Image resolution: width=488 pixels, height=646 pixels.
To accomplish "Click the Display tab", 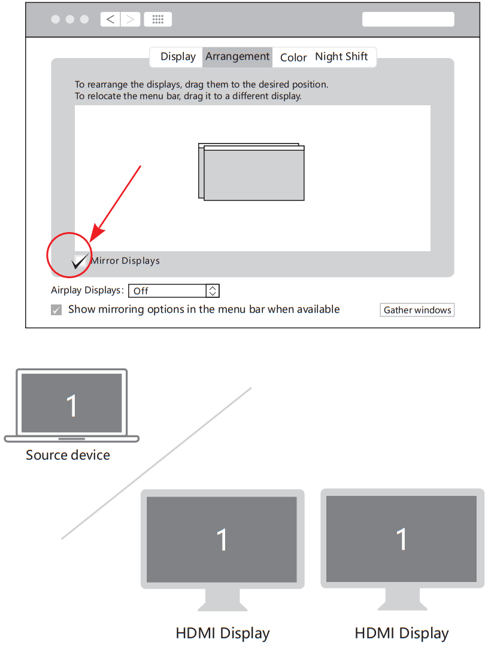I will coord(178,57).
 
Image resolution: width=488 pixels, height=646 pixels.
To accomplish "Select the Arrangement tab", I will coord(237,57).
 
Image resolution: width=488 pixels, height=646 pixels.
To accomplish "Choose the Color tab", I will coord(293,57).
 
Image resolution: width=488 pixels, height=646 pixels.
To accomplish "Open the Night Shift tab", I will coord(341,57).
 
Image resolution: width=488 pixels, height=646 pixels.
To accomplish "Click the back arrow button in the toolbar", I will coord(110,19).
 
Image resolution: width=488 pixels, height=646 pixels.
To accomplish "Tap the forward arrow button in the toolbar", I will coord(130,19).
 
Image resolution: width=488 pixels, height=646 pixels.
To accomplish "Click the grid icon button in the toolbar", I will coord(158,19).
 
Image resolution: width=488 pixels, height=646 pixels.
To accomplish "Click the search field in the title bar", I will coord(408,19).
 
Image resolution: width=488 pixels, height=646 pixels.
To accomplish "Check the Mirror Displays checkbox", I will coord(79,261).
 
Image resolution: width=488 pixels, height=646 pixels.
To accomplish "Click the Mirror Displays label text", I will coord(125,261).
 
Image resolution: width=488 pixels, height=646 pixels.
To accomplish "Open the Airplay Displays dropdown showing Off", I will coord(168,291).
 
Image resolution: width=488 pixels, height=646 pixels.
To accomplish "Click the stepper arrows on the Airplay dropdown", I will coord(213,291).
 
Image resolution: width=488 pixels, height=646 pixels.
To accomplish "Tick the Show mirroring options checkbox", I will coord(56,310).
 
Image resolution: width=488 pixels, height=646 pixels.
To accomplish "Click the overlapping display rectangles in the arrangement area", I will coord(251,172).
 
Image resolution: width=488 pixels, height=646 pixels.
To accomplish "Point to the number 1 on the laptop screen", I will coord(72,406).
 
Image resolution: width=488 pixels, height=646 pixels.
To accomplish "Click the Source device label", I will coord(68,455).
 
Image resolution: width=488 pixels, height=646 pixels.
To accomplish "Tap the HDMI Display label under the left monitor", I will coord(222,633).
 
